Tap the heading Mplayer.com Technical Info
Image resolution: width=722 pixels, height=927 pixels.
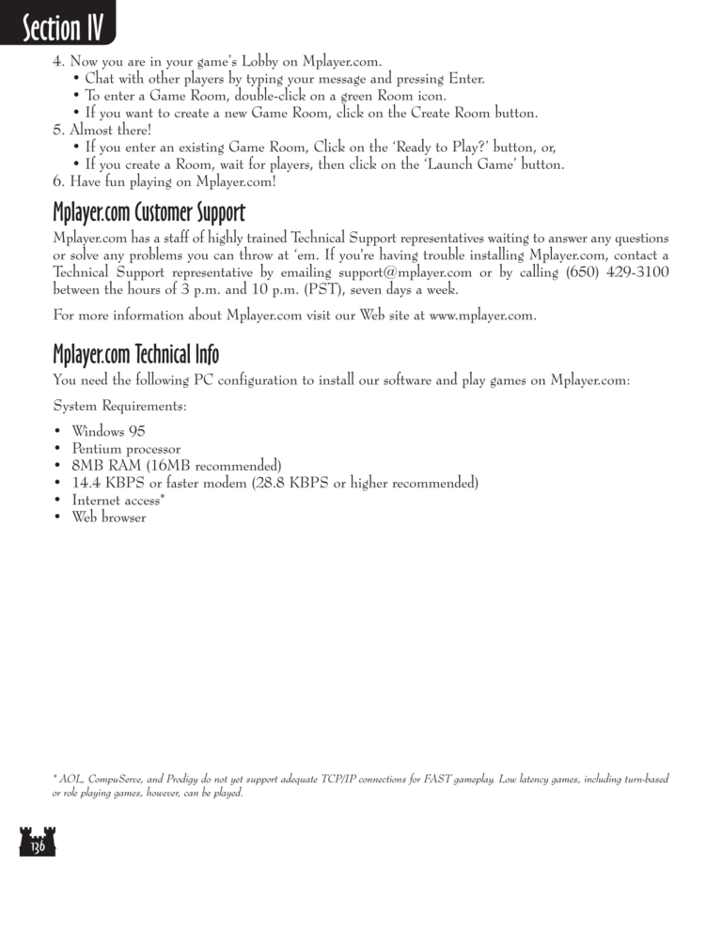[136, 355]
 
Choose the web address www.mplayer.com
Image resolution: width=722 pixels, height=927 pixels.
[481, 316]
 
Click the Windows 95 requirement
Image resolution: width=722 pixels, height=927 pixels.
[108, 432]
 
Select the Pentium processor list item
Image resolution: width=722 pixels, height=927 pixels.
[126, 449]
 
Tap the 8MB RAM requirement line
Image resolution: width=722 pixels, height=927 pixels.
[176, 466]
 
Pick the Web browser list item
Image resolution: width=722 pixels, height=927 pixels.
[108, 518]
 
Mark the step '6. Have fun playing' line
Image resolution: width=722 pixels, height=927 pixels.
[165, 181]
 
